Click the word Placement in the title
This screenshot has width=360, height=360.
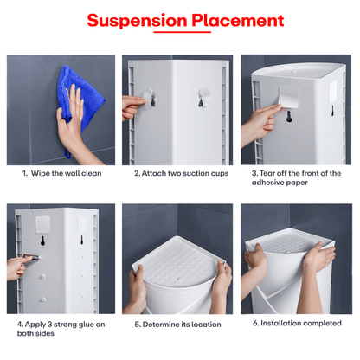(235, 21)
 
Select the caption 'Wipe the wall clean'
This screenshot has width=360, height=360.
(64, 173)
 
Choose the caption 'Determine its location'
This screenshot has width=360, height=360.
(179, 324)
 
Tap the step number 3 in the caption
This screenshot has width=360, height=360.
(254, 173)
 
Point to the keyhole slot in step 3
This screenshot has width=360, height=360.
(287, 120)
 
